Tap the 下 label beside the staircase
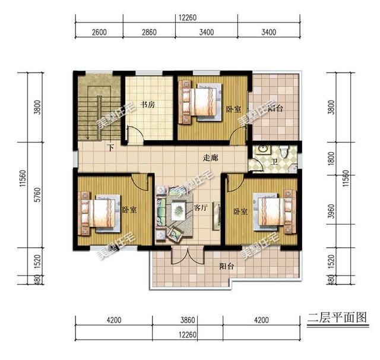pos(110,147)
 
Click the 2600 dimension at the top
pos(99,32)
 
